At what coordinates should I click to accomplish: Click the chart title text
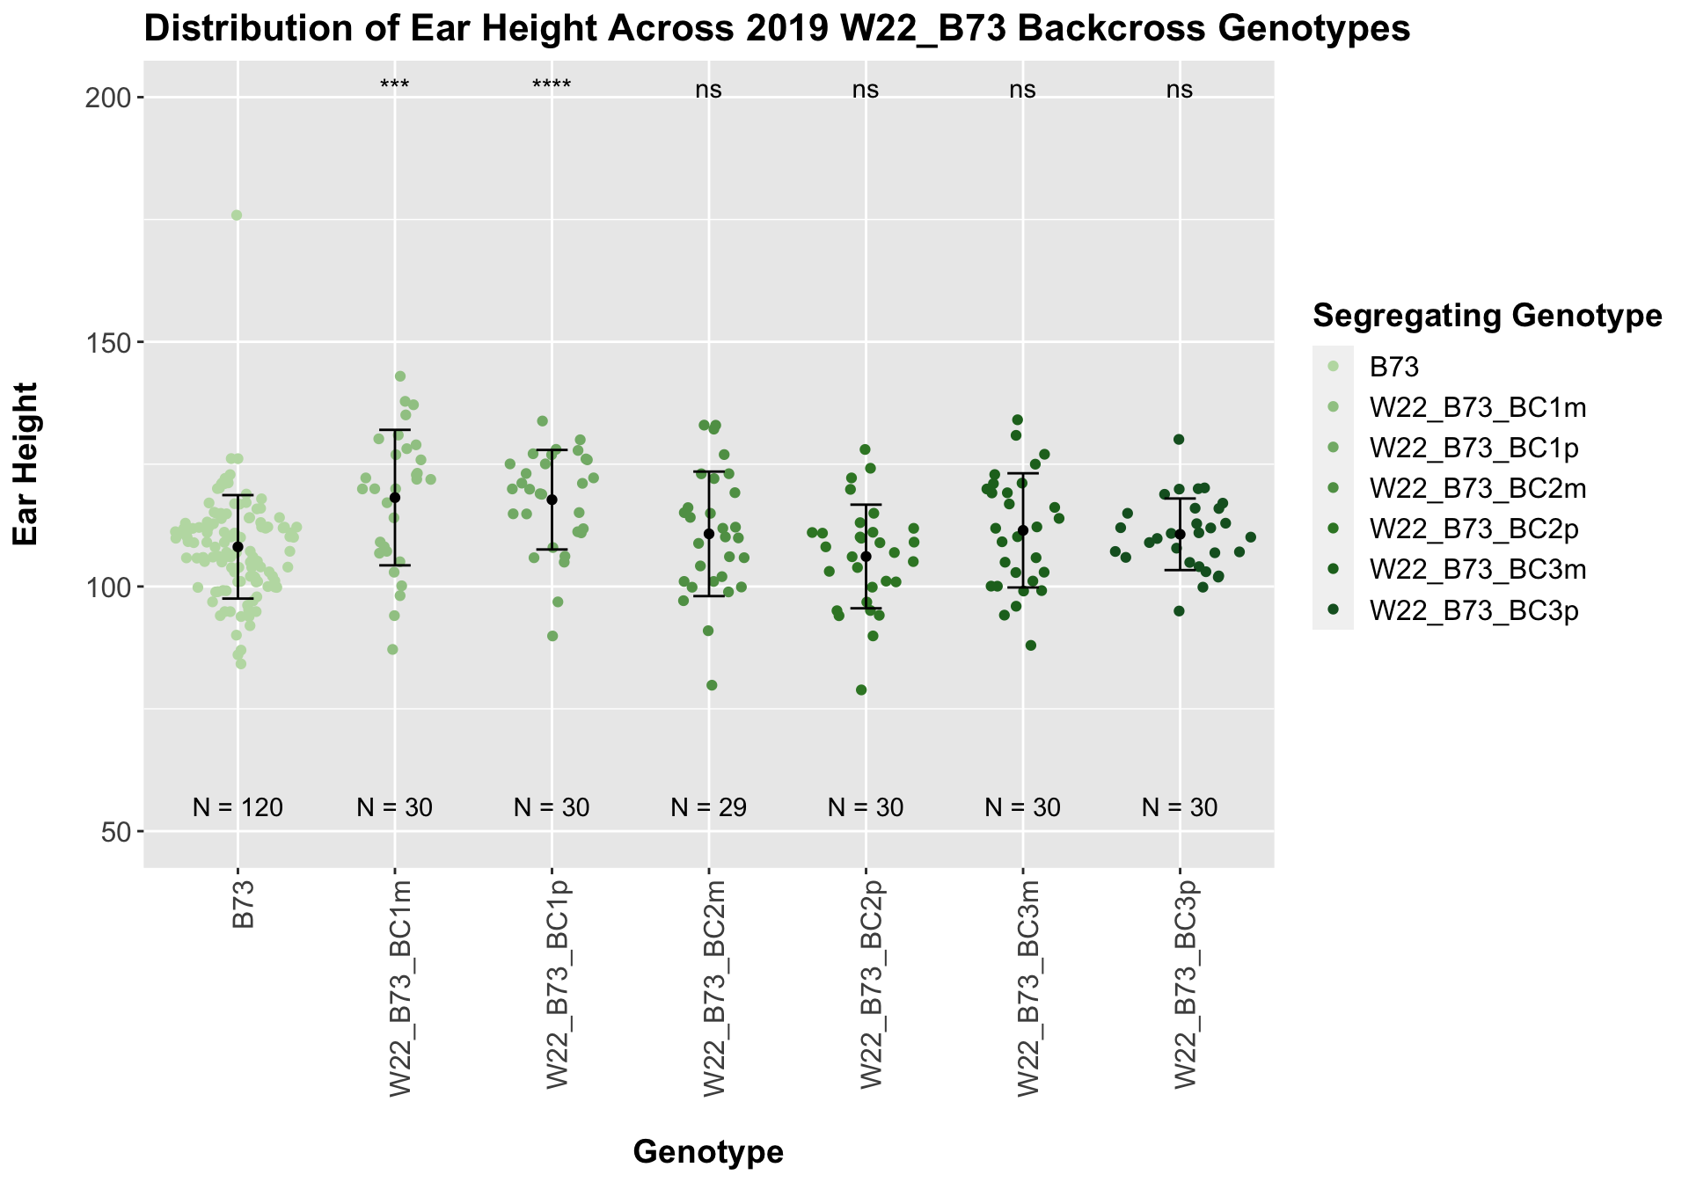[x=777, y=30]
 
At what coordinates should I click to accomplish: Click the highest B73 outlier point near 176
[x=237, y=215]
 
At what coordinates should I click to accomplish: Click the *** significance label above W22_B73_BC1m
[x=395, y=86]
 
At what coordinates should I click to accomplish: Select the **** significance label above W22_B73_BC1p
[x=552, y=86]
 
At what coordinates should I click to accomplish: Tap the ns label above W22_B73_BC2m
[x=708, y=90]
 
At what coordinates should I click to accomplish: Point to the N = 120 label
[x=238, y=807]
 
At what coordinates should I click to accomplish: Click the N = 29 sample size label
[x=708, y=807]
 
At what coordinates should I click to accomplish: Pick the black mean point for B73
[x=238, y=547]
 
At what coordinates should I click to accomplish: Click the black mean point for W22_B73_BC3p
[x=1180, y=534]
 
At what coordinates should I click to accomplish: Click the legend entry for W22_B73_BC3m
[x=1477, y=570]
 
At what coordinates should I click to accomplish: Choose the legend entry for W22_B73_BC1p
[x=1473, y=449]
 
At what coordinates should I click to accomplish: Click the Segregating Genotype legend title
[x=1487, y=316]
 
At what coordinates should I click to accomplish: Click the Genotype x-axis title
[x=708, y=1151]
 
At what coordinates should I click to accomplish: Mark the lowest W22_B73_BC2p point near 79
[x=861, y=690]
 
